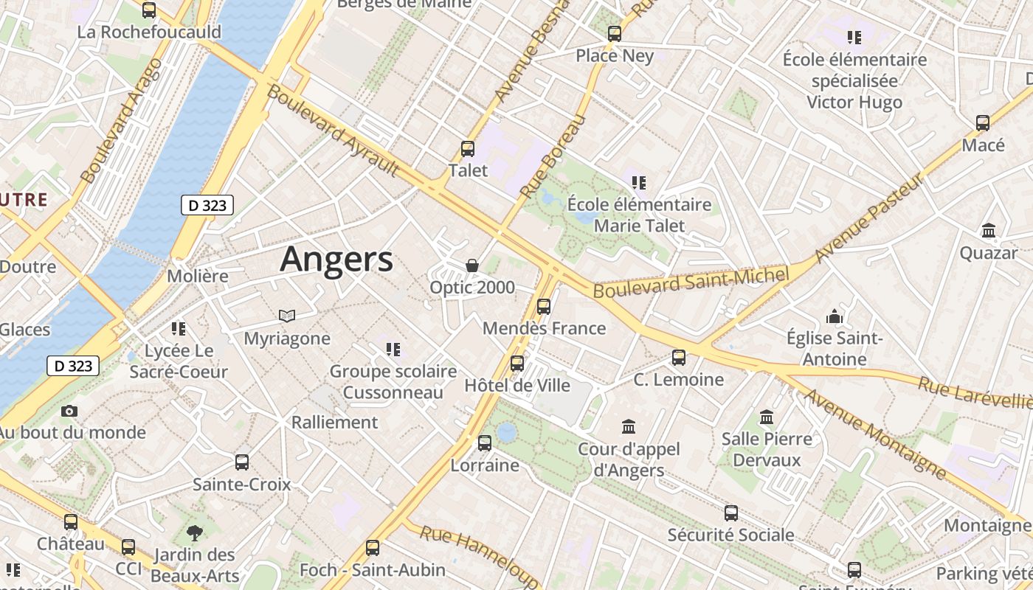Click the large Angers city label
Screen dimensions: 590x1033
(x=336, y=260)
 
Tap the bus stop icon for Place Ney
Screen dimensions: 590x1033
(x=615, y=33)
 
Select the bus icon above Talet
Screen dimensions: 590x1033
(x=468, y=148)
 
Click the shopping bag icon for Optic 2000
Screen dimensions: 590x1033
(x=472, y=265)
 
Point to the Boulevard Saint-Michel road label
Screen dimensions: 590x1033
(x=691, y=282)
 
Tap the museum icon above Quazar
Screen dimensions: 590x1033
(x=989, y=231)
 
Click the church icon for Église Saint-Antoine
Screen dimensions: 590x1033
(x=835, y=316)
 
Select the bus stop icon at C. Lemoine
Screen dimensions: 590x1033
(x=679, y=358)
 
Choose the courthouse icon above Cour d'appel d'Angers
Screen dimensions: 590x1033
(x=629, y=426)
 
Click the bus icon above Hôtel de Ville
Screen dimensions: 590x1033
(x=517, y=363)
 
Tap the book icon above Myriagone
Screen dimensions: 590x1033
(x=287, y=316)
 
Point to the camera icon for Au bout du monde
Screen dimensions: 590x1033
(x=69, y=411)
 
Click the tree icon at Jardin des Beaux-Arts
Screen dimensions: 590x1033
(x=195, y=532)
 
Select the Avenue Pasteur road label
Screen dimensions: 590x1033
(x=870, y=219)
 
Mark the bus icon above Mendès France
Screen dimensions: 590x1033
(x=544, y=306)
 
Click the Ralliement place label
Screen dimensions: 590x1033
(x=334, y=423)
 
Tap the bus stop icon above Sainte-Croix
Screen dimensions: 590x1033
(x=242, y=462)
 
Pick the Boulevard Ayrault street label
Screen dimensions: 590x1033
(x=333, y=131)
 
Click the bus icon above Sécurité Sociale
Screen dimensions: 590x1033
(x=731, y=513)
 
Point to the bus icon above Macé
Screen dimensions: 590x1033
(x=983, y=123)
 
